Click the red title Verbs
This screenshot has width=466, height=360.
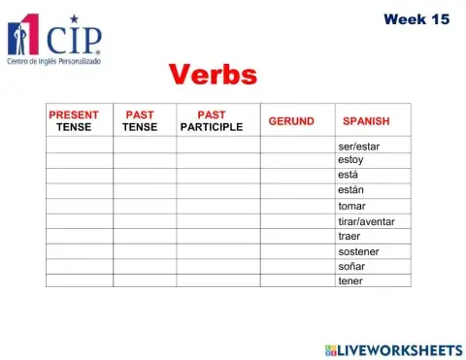click(x=214, y=75)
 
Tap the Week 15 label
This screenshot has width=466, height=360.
click(x=416, y=18)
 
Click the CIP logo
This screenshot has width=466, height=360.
click(x=55, y=37)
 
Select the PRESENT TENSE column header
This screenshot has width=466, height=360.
click(x=74, y=120)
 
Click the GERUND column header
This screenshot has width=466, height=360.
click(x=291, y=120)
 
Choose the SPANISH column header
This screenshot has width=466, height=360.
click(x=366, y=121)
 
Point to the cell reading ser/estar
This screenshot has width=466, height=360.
click(x=359, y=146)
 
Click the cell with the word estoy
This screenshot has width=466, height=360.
click(x=351, y=160)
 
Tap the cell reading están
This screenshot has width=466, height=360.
click(x=351, y=190)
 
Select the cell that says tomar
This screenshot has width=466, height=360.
click(x=351, y=206)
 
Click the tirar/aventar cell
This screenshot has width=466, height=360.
click(x=366, y=221)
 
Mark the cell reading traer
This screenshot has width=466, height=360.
click(x=349, y=236)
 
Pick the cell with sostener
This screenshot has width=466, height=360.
click(x=358, y=251)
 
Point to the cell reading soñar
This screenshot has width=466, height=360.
click(x=350, y=266)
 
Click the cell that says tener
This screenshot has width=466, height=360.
click(x=349, y=281)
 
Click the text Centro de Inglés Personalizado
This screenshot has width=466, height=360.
click(x=53, y=62)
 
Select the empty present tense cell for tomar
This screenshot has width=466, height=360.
click(x=79, y=206)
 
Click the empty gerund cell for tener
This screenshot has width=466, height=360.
click(x=297, y=281)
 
